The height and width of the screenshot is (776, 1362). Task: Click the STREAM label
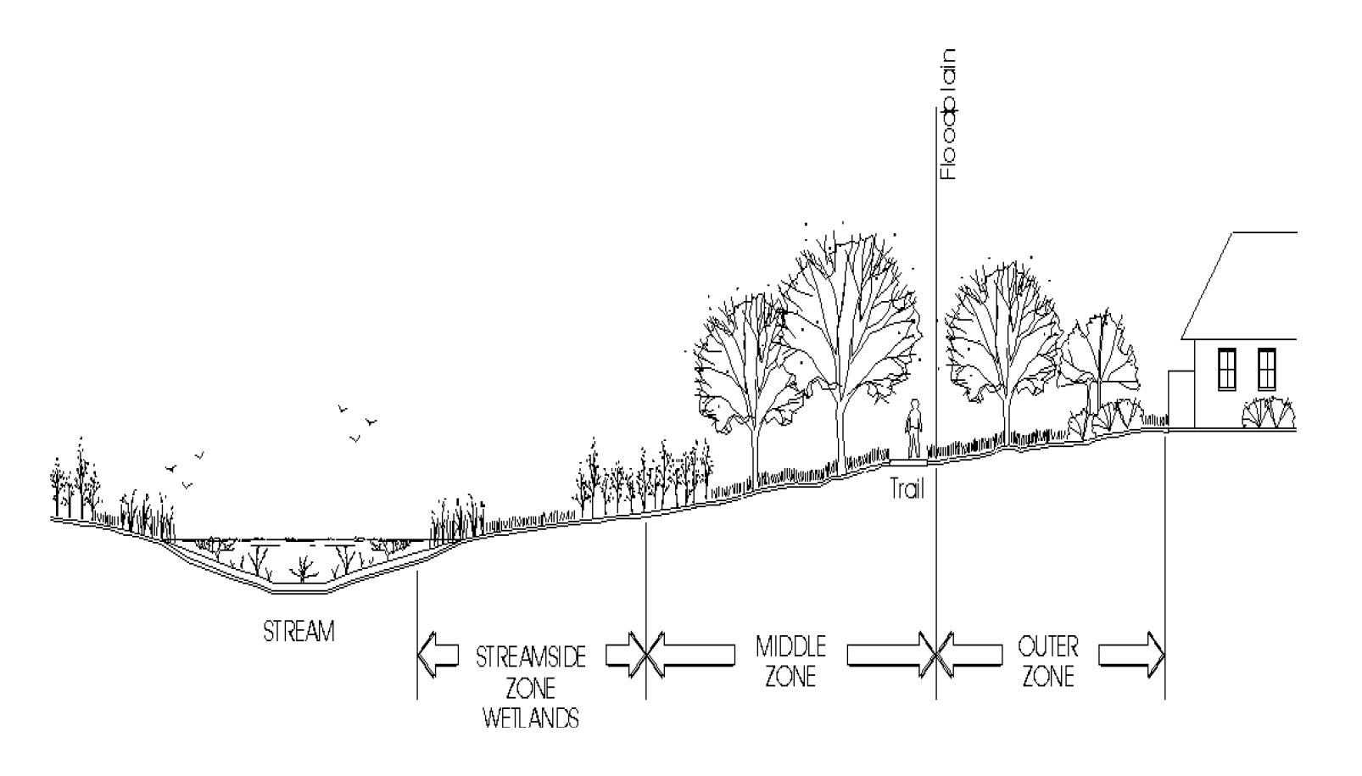click(299, 632)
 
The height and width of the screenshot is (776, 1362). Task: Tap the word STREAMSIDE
click(531, 657)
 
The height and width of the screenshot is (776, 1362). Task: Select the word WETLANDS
click(531, 719)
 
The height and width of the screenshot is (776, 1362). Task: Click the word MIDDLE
click(790, 647)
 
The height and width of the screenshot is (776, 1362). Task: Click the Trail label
click(907, 489)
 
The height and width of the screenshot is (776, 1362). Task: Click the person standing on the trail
click(913, 429)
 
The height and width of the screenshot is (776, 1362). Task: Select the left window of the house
click(1226, 369)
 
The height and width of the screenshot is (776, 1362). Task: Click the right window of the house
click(1266, 369)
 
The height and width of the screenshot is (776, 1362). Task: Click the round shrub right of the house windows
click(1269, 415)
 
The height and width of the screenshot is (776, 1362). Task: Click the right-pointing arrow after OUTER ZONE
click(1132, 656)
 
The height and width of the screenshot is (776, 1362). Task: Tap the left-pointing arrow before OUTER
click(971, 656)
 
